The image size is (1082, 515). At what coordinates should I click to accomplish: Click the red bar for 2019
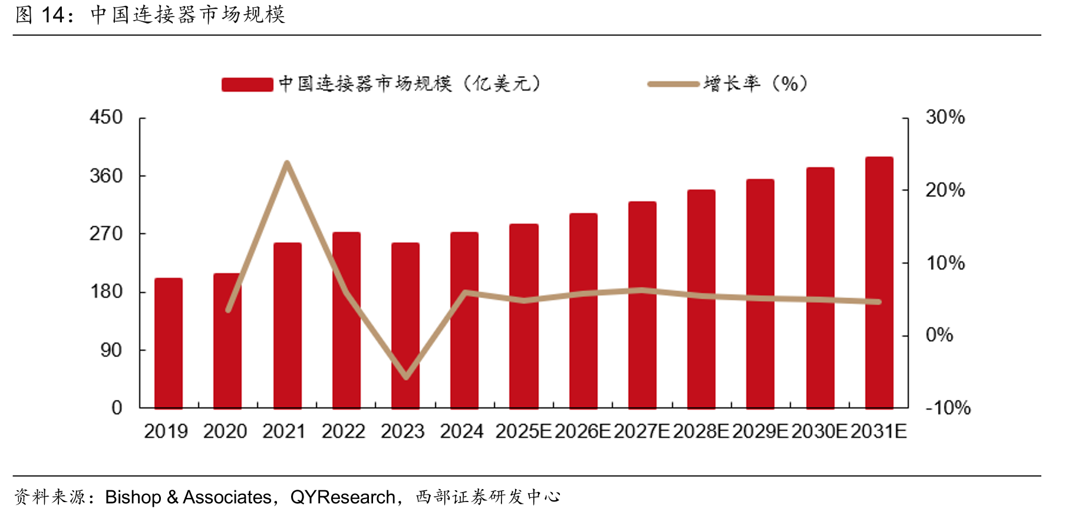[169, 343]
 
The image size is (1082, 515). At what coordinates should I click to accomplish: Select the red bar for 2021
[288, 325]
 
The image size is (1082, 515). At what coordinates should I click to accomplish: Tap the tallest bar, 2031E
[879, 283]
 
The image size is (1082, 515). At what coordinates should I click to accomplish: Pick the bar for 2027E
[642, 305]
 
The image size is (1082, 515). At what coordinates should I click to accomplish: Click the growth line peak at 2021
[287, 162]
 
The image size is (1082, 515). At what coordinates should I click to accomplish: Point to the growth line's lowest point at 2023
[406, 377]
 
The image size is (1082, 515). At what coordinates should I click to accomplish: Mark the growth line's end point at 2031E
[879, 302]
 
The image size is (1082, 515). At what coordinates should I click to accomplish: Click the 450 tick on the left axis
[106, 117]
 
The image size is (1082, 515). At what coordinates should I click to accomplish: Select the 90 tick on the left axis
[111, 350]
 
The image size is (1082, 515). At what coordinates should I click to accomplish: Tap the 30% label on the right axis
[945, 117]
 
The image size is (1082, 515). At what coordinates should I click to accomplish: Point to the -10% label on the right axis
[948, 407]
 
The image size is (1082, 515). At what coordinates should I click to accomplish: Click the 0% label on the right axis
[939, 335]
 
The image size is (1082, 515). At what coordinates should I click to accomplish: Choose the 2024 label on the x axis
[461, 431]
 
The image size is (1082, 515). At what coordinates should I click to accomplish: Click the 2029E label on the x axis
[760, 431]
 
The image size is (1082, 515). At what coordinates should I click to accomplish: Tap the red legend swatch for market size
[248, 85]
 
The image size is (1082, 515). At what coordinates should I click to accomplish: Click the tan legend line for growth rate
[674, 84]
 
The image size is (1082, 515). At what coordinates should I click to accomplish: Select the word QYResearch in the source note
[343, 497]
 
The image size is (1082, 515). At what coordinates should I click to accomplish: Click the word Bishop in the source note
[133, 497]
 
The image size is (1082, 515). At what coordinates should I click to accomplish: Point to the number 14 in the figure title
[53, 15]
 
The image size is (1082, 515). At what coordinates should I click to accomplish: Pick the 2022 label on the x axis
[344, 431]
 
